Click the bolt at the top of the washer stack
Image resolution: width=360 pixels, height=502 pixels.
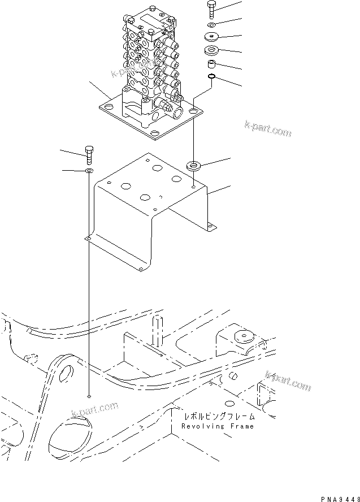(x=211, y=8)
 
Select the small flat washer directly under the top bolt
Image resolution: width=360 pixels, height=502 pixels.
(x=211, y=25)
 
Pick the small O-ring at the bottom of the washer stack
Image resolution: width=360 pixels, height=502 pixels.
(x=211, y=76)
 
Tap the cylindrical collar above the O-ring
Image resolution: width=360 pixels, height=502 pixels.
(x=211, y=64)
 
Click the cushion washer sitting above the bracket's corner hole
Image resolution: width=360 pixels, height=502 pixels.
(x=193, y=166)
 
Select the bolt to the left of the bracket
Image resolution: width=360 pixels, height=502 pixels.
(x=89, y=153)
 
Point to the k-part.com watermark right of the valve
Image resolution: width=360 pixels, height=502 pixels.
(x=268, y=128)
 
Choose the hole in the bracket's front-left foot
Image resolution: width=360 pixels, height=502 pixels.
(x=88, y=239)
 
